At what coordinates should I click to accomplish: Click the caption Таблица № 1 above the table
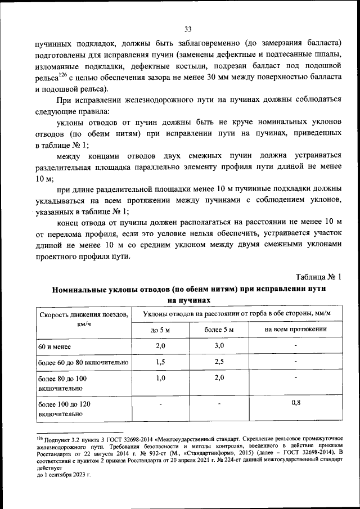tap(318, 277)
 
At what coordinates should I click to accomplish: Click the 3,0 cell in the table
tap(218, 345)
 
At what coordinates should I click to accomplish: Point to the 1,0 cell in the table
tap(160, 378)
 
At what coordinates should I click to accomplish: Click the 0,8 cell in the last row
tap(296, 403)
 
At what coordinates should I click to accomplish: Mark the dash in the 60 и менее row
tap(296, 345)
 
